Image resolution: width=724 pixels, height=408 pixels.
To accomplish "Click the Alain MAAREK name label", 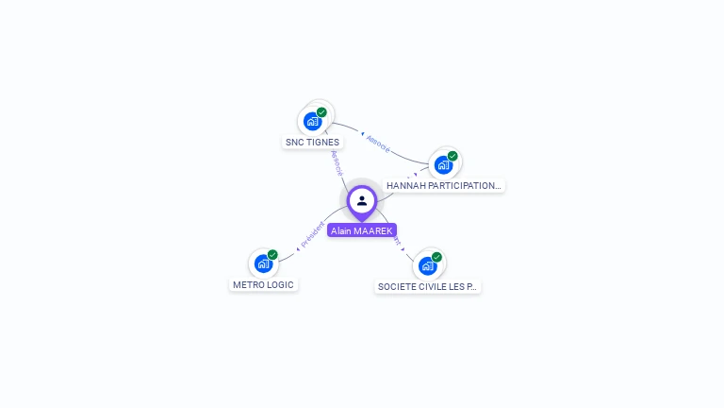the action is (x=362, y=230).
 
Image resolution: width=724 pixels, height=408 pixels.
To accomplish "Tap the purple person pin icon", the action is (x=362, y=201).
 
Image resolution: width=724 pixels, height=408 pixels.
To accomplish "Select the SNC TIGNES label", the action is (x=312, y=143).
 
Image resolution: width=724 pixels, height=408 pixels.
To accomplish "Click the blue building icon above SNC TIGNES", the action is (x=312, y=122).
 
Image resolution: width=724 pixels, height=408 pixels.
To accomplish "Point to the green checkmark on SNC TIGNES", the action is (x=321, y=112).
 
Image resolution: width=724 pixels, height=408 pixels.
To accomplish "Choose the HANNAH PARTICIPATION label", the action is (x=443, y=186).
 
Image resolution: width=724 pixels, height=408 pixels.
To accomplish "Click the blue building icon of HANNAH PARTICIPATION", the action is (x=443, y=165).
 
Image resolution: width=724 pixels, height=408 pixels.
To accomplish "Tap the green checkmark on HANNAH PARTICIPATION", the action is (x=452, y=156).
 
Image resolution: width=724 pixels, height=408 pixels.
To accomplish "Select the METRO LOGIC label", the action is (x=263, y=284).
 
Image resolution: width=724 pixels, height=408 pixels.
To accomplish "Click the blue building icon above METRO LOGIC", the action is (x=263, y=263).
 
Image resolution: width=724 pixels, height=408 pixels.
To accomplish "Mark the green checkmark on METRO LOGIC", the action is (x=272, y=254).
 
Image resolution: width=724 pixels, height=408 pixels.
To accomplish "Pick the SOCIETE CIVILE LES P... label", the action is (x=427, y=286).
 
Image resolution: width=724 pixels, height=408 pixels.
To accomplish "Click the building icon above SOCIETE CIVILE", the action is (x=427, y=265).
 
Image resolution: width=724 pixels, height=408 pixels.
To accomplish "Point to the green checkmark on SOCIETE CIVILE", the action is (x=436, y=256).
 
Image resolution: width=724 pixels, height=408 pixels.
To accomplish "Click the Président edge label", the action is (x=312, y=234).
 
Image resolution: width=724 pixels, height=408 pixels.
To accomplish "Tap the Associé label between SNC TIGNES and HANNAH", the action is (x=378, y=144).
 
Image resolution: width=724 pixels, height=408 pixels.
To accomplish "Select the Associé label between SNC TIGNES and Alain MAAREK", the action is (x=337, y=161).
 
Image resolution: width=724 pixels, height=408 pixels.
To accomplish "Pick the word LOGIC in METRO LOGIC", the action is (x=279, y=284).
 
